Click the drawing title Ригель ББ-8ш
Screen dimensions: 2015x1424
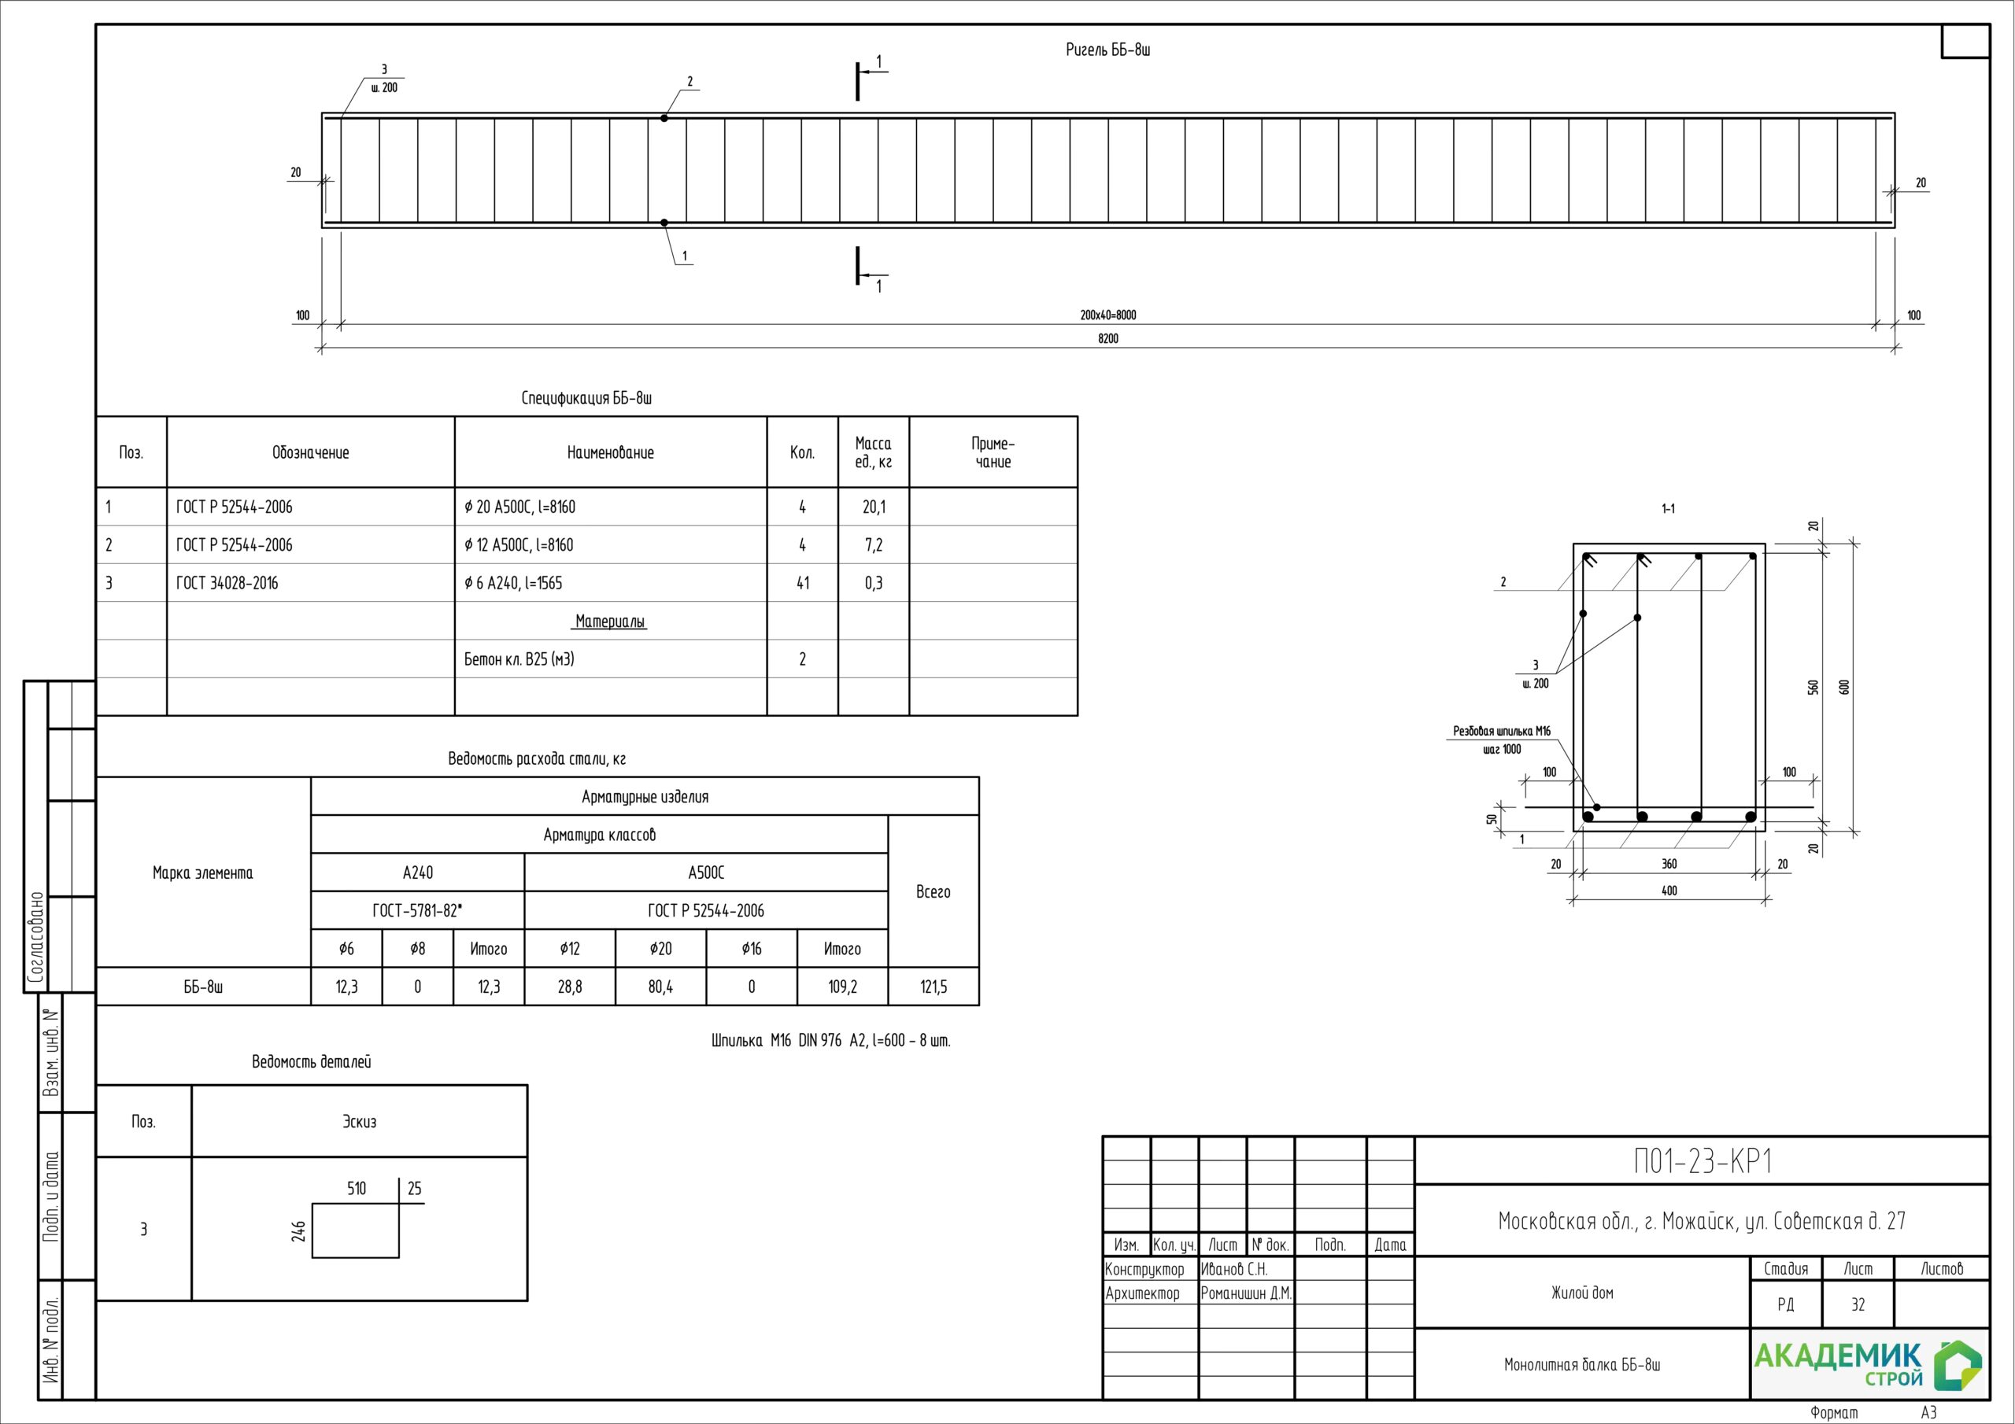1107,50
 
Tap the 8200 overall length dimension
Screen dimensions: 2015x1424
1108,338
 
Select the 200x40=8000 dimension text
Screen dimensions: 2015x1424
1107,315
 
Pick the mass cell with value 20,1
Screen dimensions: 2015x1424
873,507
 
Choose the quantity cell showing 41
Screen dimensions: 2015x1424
802,584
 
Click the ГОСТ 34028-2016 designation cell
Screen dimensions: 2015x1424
227,584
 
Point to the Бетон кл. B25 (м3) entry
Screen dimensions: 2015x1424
519,659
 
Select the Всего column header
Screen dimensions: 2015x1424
933,891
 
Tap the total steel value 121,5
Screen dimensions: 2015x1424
933,987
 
